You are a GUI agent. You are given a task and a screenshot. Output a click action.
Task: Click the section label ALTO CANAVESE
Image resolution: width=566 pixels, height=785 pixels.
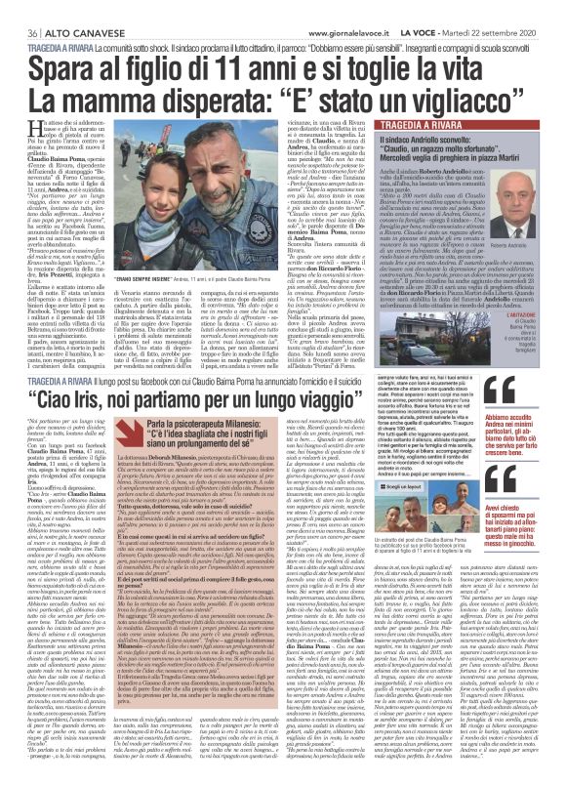[72, 7]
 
